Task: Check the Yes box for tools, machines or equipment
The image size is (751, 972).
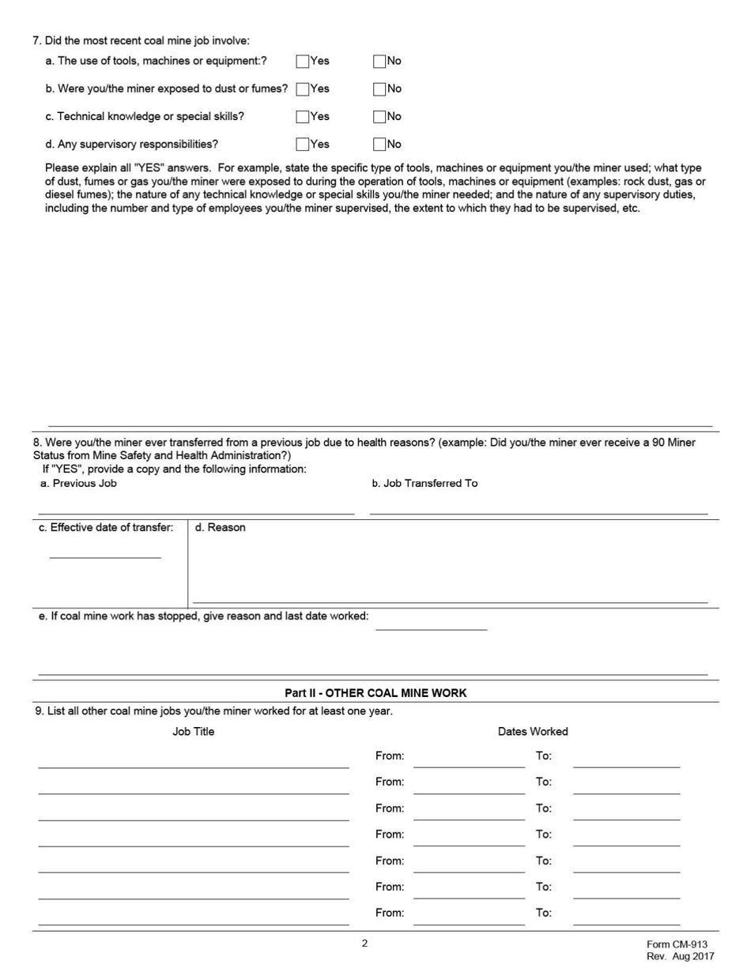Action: point(302,61)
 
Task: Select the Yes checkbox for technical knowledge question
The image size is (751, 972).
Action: point(302,116)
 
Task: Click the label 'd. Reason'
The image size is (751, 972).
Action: point(220,528)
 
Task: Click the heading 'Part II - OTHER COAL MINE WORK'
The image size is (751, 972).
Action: point(375,693)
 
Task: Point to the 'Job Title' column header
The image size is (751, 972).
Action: point(193,732)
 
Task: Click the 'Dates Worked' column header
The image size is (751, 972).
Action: point(533,732)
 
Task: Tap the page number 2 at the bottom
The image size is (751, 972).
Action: point(364,943)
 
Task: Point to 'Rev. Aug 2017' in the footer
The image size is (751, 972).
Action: point(680,957)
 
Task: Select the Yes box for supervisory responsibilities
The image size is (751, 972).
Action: point(302,144)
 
